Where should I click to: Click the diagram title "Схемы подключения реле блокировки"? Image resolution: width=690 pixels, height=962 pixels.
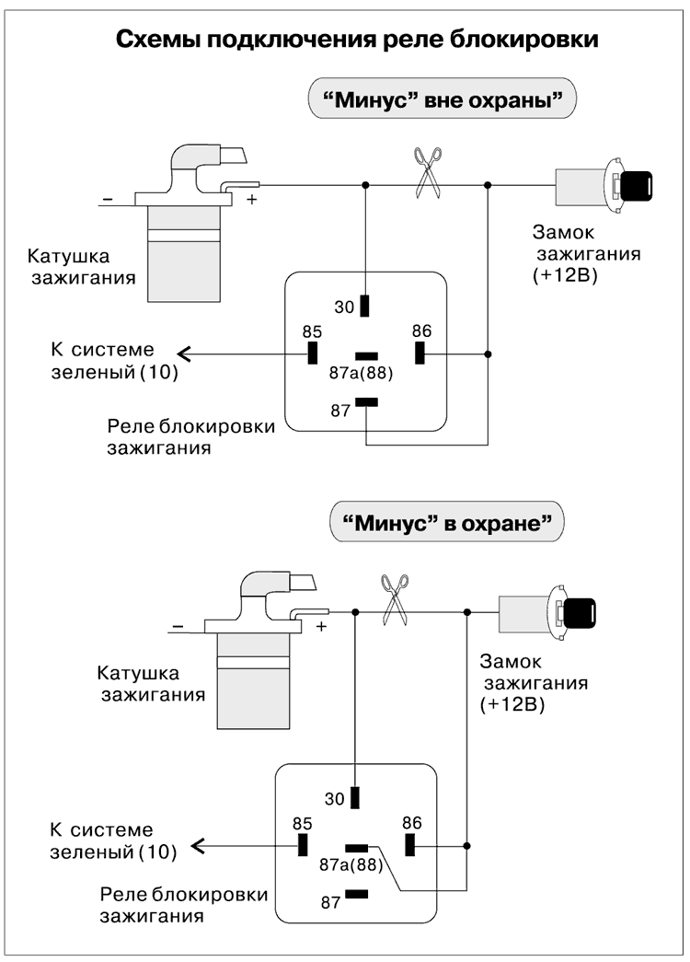coord(357,41)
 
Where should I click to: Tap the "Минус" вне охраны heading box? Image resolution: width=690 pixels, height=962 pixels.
coord(441,99)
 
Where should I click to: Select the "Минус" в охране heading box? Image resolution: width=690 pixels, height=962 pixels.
coord(446,525)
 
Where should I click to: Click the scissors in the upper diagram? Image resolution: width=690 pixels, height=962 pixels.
coord(426,173)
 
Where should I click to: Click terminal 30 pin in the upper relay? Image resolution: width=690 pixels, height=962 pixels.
coord(366,306)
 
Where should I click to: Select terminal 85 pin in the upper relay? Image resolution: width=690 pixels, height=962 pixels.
coord(313,353)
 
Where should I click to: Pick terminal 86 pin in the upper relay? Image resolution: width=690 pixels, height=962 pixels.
coord(420,353)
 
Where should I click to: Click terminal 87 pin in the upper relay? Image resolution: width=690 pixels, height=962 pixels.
coord(366,400)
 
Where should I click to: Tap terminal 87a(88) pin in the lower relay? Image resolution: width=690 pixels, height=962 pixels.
coord(357,848)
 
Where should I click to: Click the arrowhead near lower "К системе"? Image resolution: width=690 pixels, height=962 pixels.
coord(193,845)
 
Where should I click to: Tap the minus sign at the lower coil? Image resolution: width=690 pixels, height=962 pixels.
coord(177,628)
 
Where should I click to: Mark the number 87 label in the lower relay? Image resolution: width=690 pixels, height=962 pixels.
coord(330,902)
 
